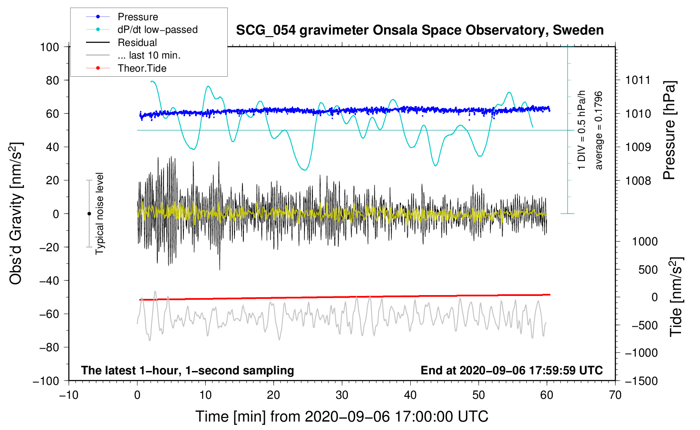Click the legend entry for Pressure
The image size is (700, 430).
point(137,17)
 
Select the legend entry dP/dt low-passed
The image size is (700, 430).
point(157,30)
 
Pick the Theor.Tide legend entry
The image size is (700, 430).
point(142,68)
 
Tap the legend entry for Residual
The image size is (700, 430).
point(137,43)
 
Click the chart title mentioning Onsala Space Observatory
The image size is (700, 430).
point(420,30)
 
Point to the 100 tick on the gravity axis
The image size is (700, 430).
point(49,47)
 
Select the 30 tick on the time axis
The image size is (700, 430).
point(342,395)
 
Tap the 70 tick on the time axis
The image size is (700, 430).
point(615,395)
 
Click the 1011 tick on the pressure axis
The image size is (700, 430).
point(638,80)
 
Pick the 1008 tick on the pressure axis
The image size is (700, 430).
point(638,181)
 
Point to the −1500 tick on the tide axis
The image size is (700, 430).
point(641,381)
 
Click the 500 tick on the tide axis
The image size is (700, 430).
point(648,270)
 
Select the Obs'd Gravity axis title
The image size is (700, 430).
point(16,214)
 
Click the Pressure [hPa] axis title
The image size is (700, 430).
point(669,130)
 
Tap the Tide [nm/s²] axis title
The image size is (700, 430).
point(676,297)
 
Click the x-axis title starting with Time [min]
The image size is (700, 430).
point(342,417)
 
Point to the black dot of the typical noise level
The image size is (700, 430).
point(89,214)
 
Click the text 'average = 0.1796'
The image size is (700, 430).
point(599,130)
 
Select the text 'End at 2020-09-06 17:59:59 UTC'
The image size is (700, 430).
point(512,371)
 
